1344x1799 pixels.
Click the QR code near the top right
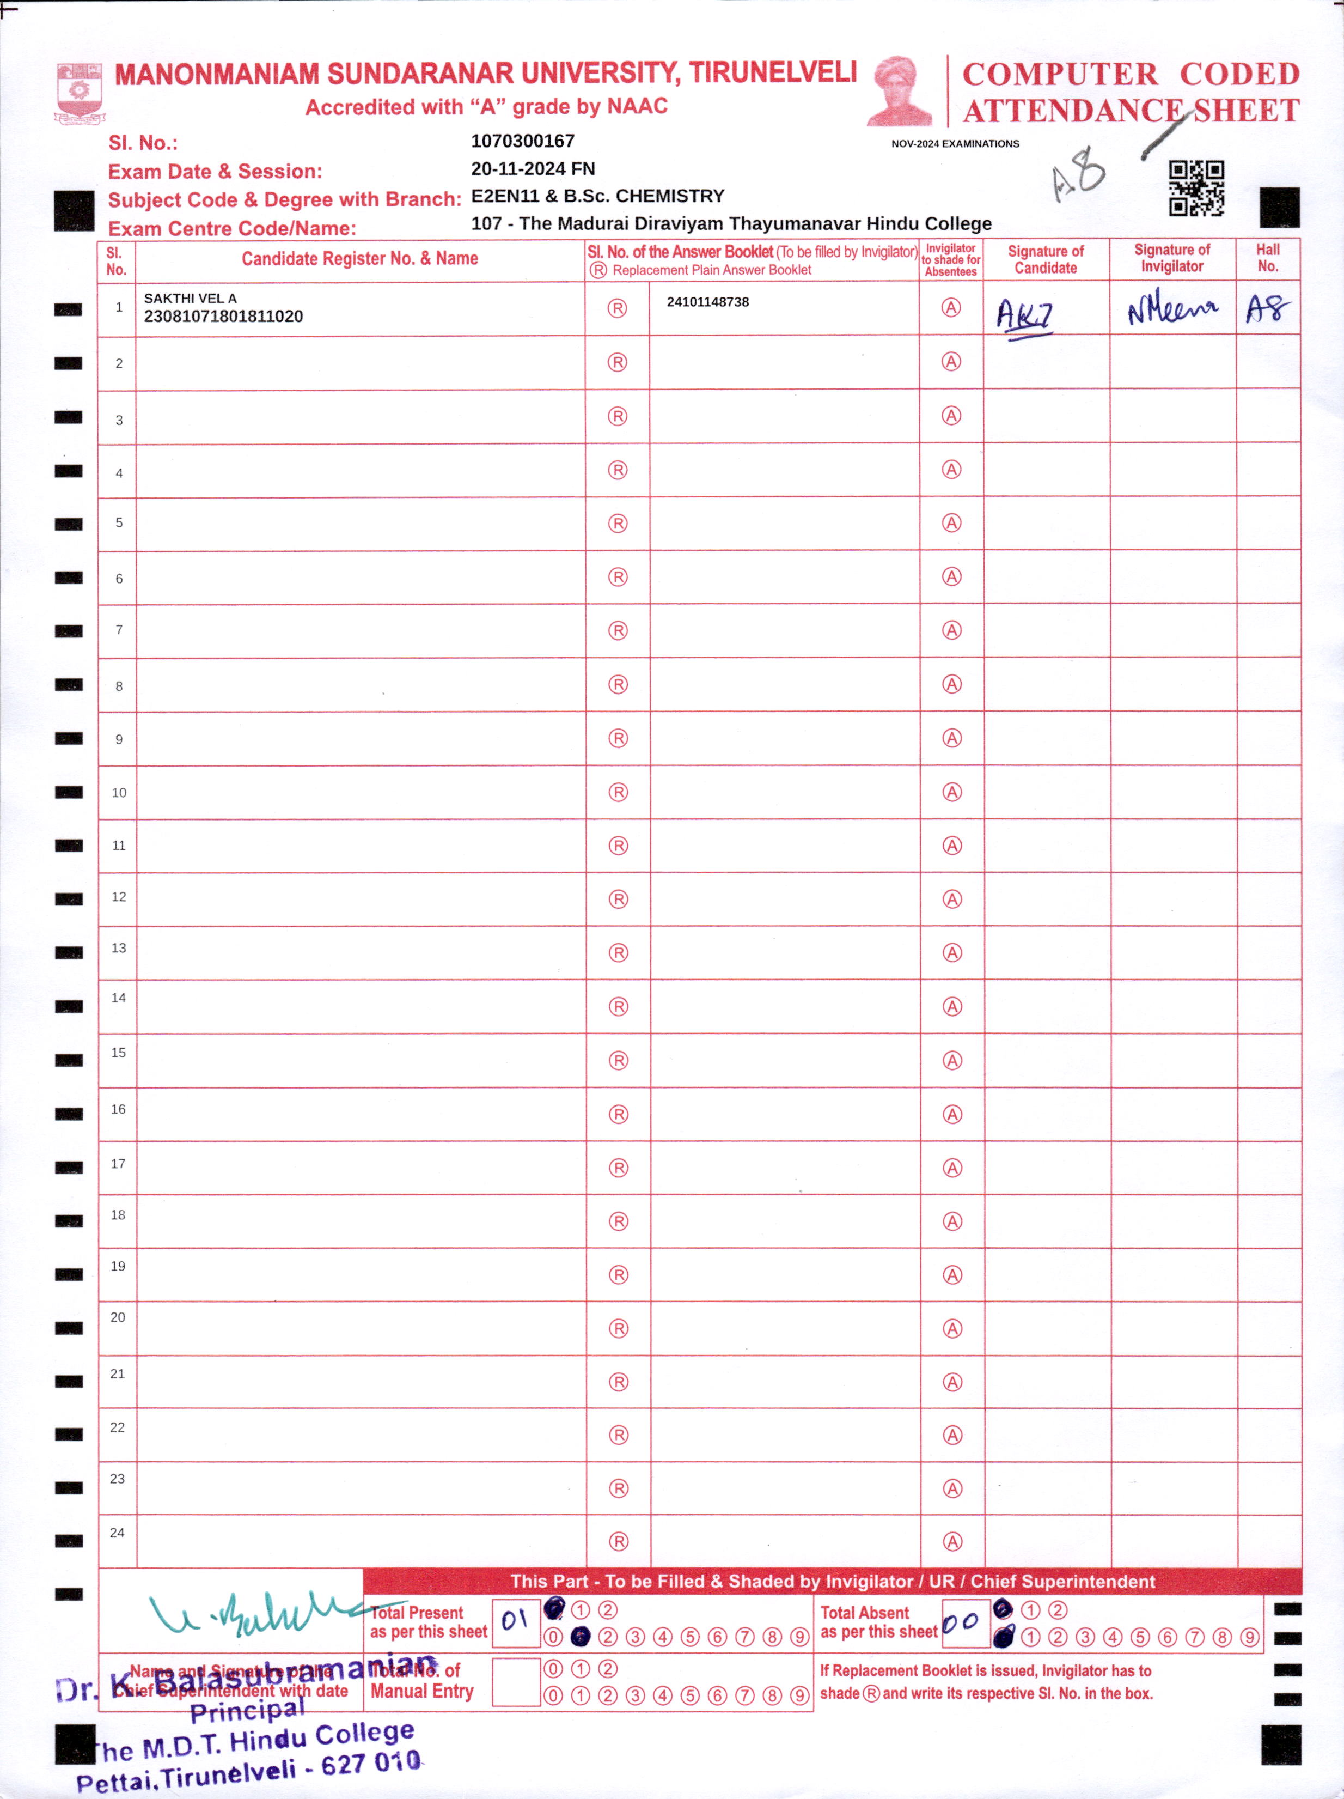1196,188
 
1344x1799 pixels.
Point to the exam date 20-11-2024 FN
533,168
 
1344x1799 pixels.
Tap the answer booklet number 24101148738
707,302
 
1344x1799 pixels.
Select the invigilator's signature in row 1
1171,310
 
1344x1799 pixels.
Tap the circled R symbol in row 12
618,899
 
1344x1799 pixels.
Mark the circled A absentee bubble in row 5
951,523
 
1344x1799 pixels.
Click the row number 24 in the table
117,1532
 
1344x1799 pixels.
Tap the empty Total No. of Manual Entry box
516,1682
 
